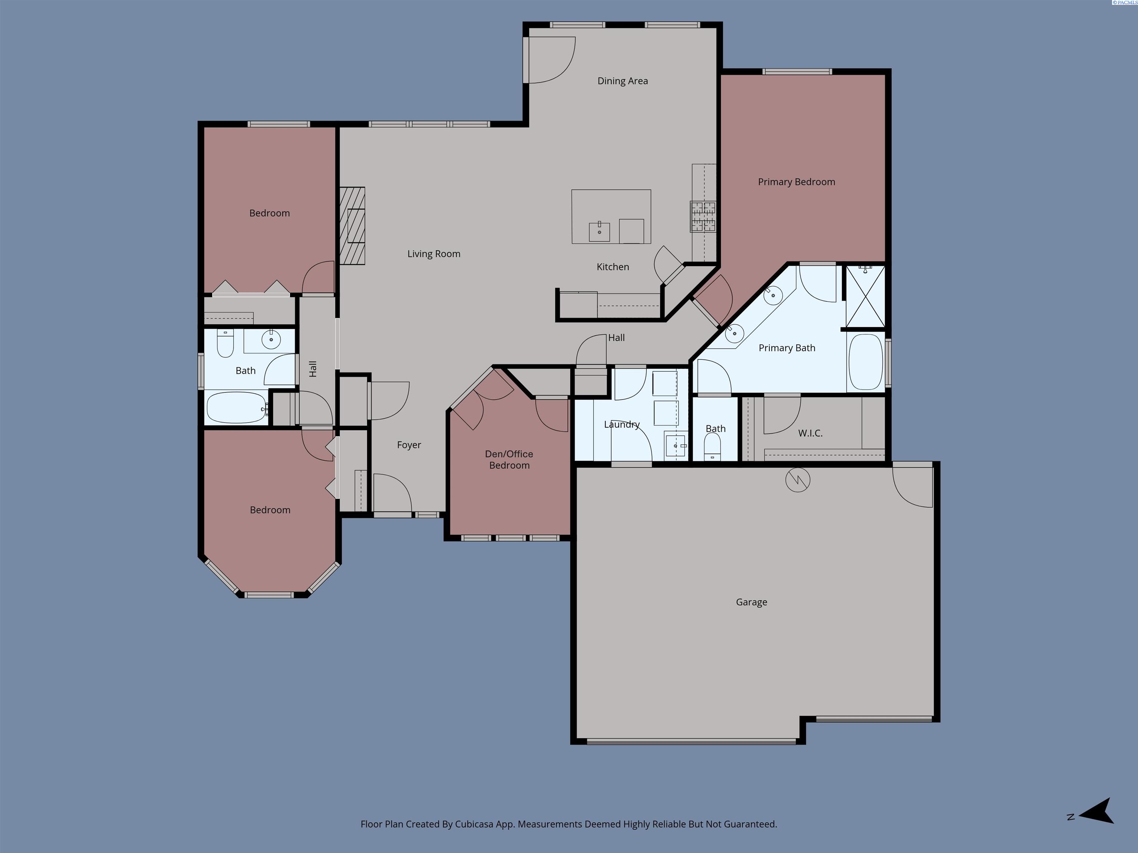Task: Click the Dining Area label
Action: click(622, 81)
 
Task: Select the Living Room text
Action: click(434, 254)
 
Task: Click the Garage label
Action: click(751, 602)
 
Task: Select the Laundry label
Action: click(622, 425)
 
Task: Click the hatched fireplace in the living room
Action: click(352, 226)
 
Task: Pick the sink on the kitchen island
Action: click(599, 231)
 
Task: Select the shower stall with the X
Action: click(865, 296)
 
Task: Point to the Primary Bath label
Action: click(787, 348)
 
